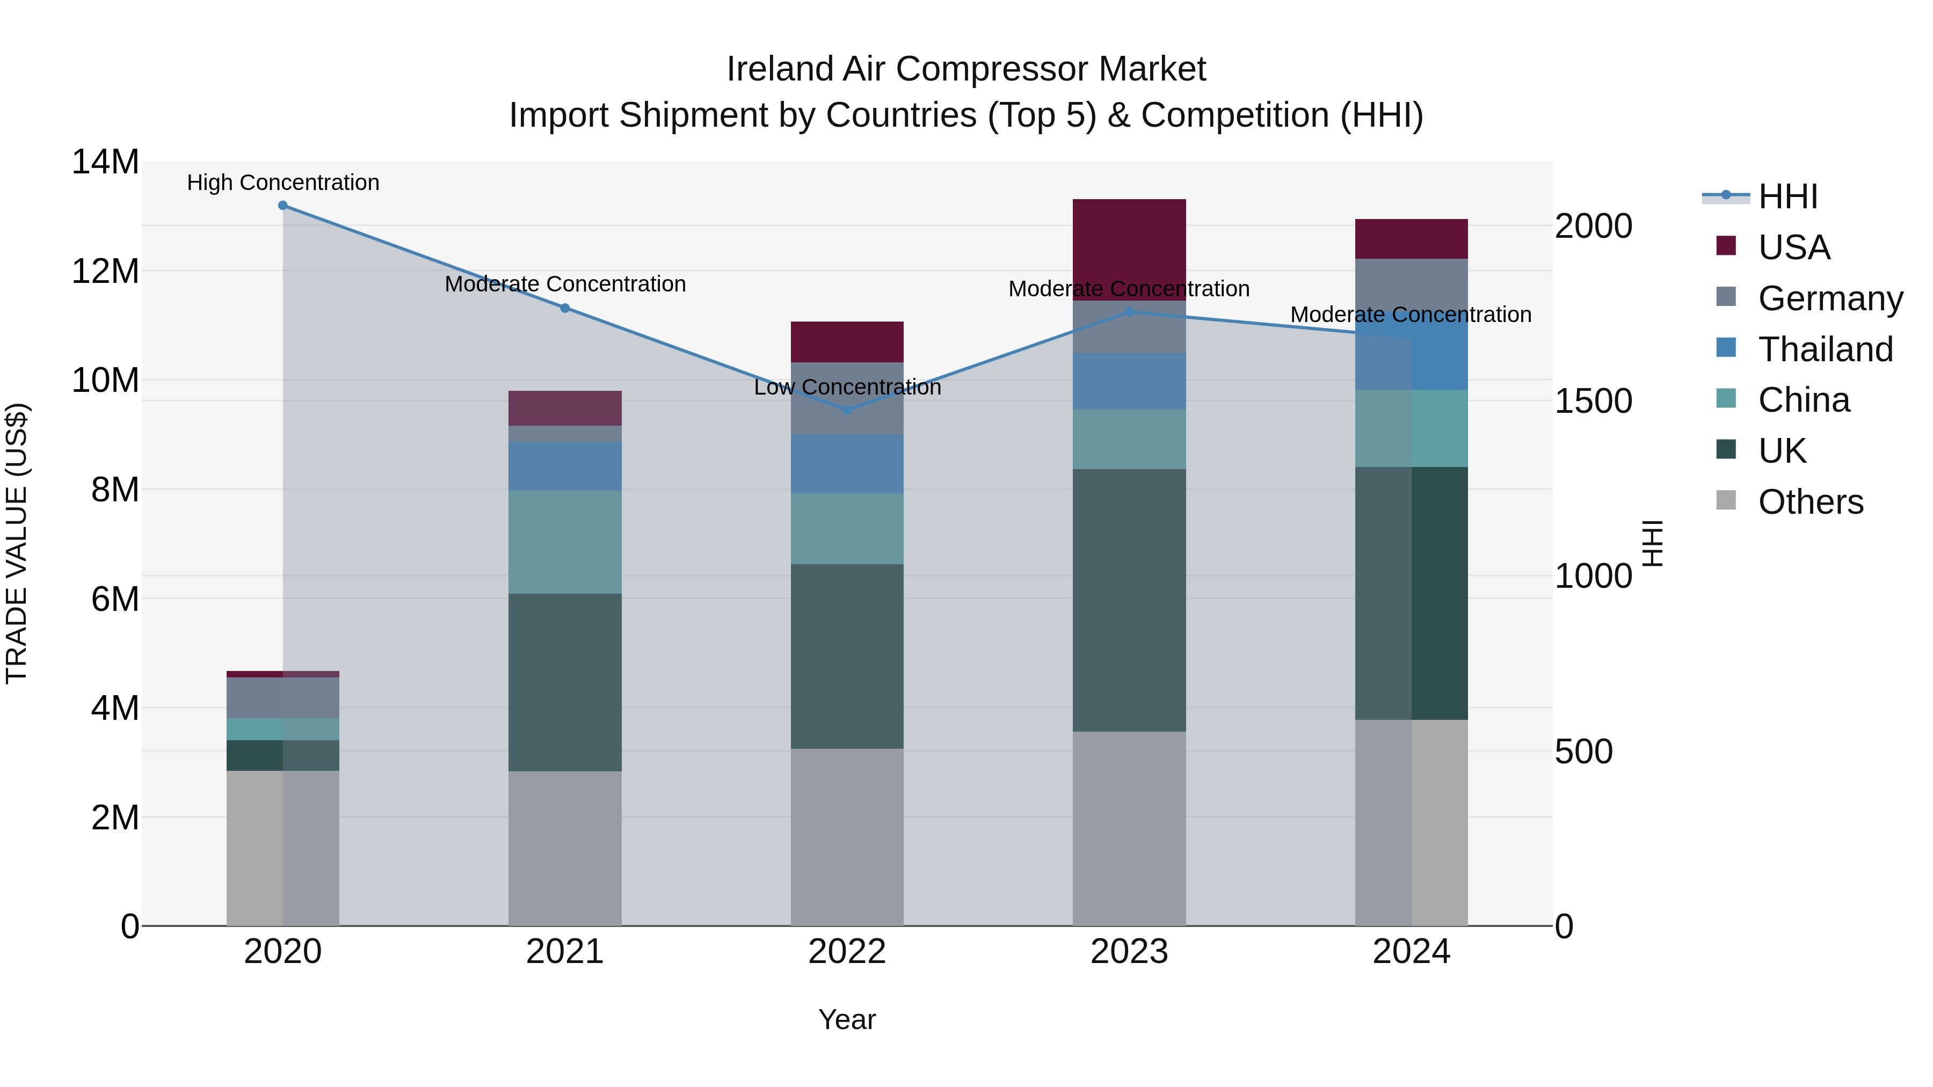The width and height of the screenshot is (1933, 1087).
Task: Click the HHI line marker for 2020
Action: click(x=283, y=206)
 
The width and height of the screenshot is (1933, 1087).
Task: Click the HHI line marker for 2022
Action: click(x=847, y=410)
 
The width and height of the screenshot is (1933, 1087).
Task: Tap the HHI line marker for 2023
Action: click(x=1129, y=312)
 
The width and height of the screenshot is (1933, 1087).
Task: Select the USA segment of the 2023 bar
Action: click(x=1129, y=249)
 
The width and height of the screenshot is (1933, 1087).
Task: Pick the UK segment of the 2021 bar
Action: click(x=565, y=683)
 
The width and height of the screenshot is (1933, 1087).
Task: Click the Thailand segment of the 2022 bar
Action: click(x=847, y=464)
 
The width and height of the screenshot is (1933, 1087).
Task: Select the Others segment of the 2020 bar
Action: click(x=283, y=848)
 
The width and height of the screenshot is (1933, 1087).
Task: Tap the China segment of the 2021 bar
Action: click(x=565, y=542)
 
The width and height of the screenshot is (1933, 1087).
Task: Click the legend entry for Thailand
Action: click(x=1825, y=349)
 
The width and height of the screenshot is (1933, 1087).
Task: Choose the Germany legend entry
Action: click(x=1829, y=298)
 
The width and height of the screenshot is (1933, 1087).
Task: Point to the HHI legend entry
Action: click(x=1786, y=196)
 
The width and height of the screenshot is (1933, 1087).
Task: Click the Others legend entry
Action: click(x=1810, y=502)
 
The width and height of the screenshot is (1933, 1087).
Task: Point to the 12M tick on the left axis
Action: click(x=105, y=271)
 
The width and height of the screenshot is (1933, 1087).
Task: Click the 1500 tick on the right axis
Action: click(x=1593, y=402)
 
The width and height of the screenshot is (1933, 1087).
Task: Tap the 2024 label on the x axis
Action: click(x=1412, y=952)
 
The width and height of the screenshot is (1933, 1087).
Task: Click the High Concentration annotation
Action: click(x=283, y=183)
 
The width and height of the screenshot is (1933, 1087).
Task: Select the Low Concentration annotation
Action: click(x=847, y=387)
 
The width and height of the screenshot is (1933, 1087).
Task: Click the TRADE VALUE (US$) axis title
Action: click(x=17, y=543)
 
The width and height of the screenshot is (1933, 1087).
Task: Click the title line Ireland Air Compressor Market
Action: click(x=966, y=69)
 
